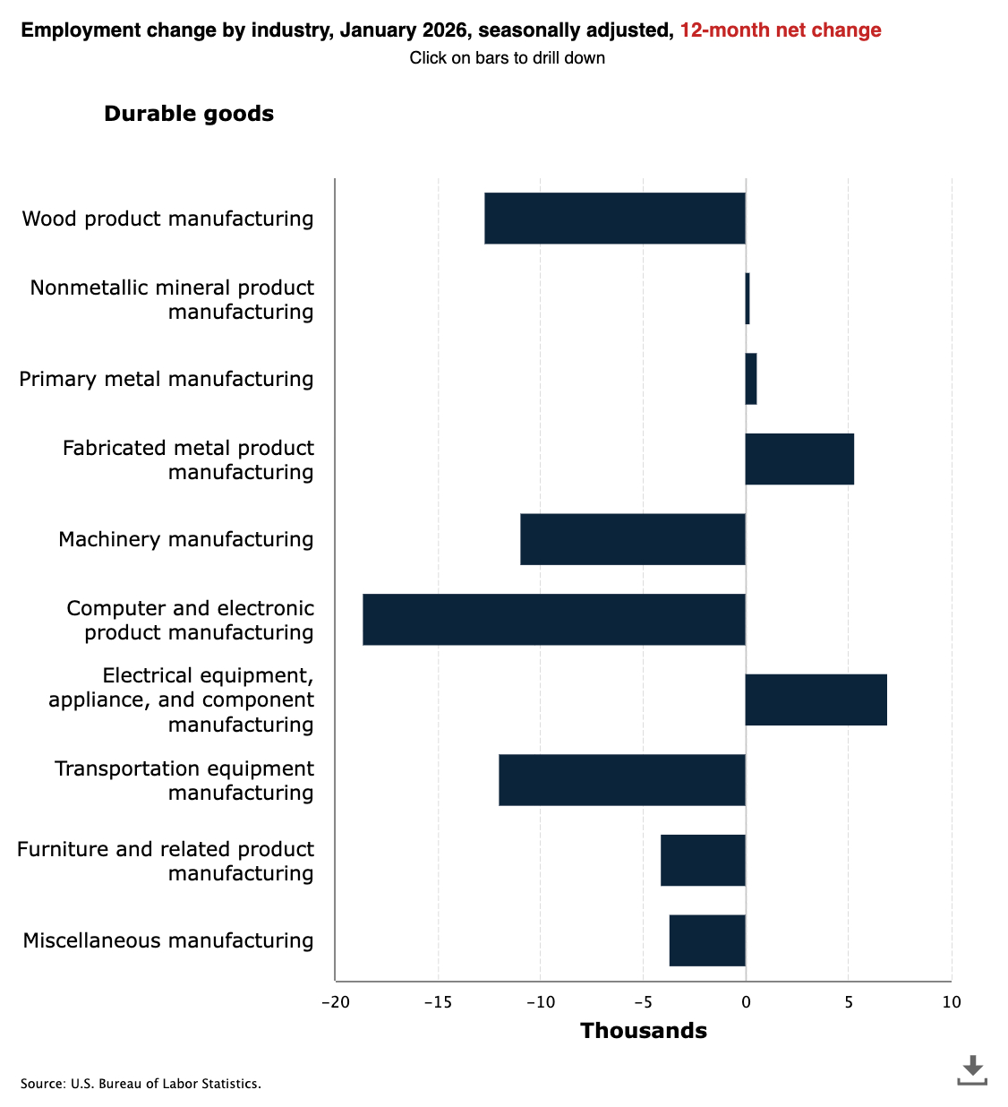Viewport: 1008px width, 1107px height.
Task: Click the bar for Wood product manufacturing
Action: [615, 219]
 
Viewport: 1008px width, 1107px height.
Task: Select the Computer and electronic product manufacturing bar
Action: [554, 620]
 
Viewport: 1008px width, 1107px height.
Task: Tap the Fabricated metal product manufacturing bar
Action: [799, 459]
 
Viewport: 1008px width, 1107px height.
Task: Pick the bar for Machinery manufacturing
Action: [633, 539]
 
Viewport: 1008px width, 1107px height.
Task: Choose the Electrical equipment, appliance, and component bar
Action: [816, 699]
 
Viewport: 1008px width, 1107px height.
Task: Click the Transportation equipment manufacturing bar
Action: [622, 780]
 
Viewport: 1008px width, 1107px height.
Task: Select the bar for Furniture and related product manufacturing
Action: [703, 861]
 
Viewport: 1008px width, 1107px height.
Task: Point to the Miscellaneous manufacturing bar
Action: [707, 940]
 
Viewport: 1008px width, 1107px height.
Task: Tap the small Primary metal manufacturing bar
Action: [751, 379]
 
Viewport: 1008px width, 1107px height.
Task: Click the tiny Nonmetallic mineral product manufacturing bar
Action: [747, 299]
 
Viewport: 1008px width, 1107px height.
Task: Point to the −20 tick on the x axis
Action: [336, 1002]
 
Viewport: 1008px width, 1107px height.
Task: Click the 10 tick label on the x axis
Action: [951, 1002]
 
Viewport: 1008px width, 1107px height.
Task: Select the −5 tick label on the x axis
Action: [643, 1002]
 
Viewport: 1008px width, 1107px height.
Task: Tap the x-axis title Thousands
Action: [643, 1031]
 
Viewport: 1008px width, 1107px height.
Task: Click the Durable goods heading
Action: [189, 114]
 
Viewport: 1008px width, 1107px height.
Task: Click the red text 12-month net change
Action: [780, 30]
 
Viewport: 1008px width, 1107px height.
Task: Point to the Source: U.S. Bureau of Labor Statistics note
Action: [141, 1084]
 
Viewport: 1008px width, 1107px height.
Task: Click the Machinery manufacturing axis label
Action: [186, 539]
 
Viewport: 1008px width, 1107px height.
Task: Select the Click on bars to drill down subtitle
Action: [507, 58]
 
